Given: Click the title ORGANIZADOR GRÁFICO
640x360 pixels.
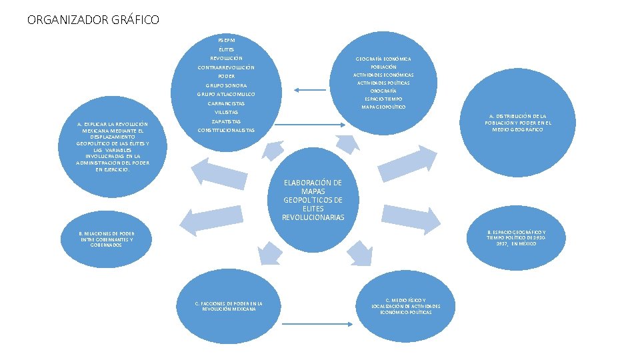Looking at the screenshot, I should point(93,20).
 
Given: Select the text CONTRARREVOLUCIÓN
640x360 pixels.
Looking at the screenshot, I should point(226,67).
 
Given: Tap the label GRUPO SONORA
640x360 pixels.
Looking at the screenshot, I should point(226,85).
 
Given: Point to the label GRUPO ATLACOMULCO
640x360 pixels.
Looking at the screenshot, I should point(226,95).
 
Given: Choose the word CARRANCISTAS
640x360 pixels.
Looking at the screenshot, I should point(226,103).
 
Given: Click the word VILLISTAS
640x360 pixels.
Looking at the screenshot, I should point(226,112).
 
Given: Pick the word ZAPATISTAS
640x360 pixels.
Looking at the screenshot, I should point(226,121).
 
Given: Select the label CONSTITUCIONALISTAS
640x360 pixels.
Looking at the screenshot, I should point(226,130).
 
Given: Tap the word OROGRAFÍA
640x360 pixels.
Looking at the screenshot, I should point(383,91).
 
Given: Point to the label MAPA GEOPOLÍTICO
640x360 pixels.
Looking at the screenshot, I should point(383,107).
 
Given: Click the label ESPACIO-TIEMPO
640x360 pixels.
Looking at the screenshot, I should point(383,99).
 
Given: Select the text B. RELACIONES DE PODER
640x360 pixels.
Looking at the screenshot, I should point(107,239).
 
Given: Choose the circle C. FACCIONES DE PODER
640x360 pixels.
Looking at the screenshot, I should point(229,306).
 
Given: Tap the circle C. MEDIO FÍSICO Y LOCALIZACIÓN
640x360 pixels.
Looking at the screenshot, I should point(406,306).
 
